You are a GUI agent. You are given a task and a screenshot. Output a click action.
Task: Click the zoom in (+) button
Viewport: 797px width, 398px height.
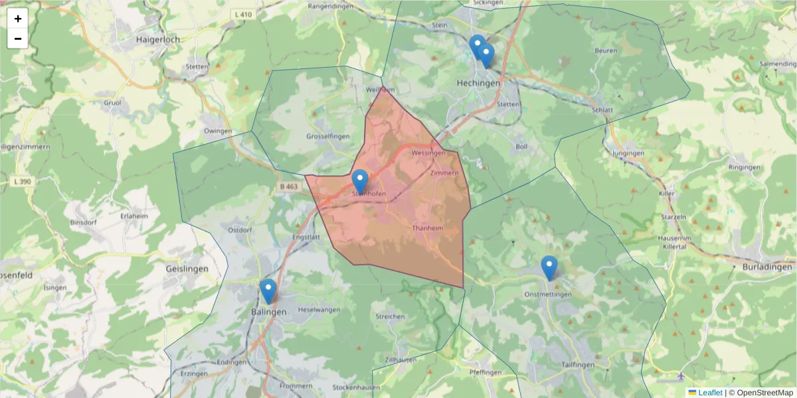18,19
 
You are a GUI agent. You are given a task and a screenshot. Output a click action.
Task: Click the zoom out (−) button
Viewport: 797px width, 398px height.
18,38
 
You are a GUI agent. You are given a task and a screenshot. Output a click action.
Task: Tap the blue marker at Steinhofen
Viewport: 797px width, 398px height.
360,181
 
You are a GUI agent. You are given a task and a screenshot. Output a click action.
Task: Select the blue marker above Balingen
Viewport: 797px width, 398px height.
268,291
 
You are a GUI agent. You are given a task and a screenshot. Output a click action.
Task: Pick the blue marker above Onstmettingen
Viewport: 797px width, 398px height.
549,267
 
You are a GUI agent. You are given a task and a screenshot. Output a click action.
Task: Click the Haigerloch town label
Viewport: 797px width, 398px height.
157,39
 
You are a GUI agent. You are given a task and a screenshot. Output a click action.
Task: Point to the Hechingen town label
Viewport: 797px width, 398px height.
478,84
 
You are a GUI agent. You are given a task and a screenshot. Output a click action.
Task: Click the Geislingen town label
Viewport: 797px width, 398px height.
187,269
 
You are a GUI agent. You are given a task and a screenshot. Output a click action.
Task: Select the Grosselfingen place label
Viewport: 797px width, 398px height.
328,136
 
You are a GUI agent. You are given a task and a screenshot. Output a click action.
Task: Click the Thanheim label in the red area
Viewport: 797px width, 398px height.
427,228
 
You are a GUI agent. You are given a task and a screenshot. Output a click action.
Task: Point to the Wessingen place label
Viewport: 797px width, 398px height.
428,153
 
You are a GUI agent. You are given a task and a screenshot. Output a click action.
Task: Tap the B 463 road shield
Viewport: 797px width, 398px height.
290,188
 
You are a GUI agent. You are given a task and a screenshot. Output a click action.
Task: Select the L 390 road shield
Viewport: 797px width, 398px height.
22,181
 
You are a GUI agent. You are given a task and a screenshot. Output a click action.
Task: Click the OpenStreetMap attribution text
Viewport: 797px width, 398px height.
760,393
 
